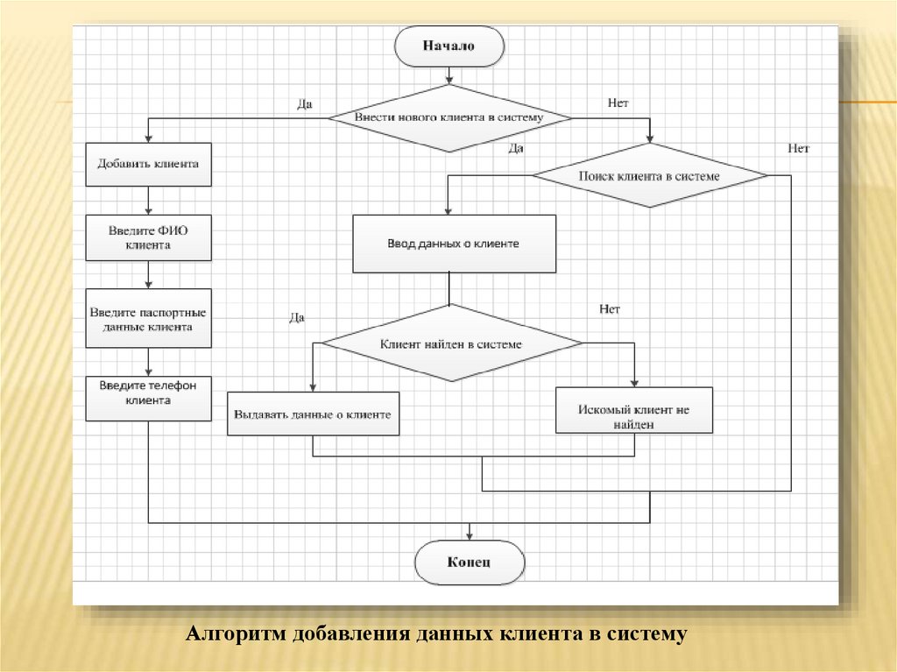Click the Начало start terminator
pos(449,46)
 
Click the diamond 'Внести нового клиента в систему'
pos(449,117)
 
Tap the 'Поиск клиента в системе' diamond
pos(649,176)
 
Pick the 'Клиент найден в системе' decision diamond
pos(450,344)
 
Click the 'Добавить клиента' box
pos(148,164)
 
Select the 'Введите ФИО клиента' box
pos(148,238)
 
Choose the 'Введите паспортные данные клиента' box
pos(148,319)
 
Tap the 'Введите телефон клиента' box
pos(148,393)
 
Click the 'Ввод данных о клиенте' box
pos(453,244)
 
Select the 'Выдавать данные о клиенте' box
pos(313,414)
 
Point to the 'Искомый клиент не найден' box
pos(633,415)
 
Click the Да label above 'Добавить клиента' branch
pos(305,103)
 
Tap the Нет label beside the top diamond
pos(618,103)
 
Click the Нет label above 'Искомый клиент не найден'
pos(610,309)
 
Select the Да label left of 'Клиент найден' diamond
pos(297,318)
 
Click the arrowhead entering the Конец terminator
pos(470,534)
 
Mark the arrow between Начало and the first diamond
pos(449,76)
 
